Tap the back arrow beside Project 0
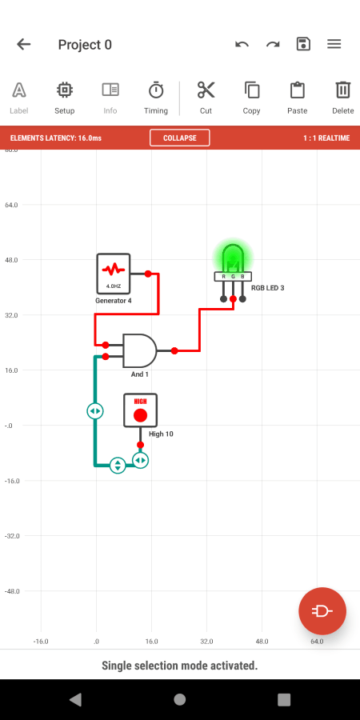(23, 45)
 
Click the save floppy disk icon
(303, 44)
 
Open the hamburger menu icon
(334, 44)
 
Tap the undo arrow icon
(242, 45)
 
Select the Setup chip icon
(65, 90)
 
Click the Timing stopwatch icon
(156, 90)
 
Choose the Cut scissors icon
(206, 90)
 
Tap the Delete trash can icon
(343, 90)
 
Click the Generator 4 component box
(114, 274)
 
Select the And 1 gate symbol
(139, 350)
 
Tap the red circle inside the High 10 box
(141, 415)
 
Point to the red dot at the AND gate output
(174, 351)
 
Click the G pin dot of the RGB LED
(234, 299)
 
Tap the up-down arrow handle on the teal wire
(118, 465)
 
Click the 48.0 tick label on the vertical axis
(10, 260)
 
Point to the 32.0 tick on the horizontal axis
(206, 642)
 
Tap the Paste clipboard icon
(298, 90)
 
